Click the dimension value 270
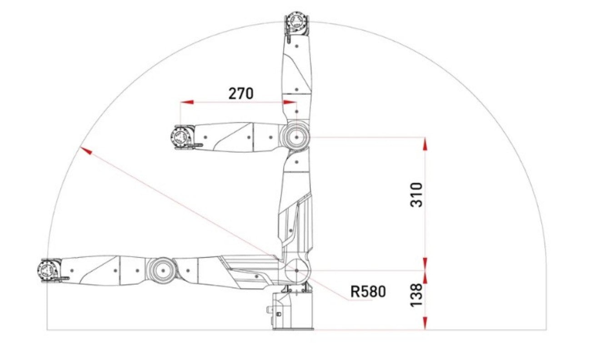(x=241, y=93)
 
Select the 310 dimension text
(x=417, y=195)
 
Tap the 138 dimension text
(x=417, y=295)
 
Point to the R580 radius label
(x=368, y=291)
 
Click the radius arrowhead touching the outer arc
(x=86, y=151)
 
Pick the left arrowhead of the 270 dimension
(x=187, y=102)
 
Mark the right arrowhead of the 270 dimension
(x=290, y=102)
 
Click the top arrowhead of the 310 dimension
(x=425, y=144)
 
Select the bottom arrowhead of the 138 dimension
(x=425, y=323)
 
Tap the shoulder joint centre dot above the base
(x=296, y=270)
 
